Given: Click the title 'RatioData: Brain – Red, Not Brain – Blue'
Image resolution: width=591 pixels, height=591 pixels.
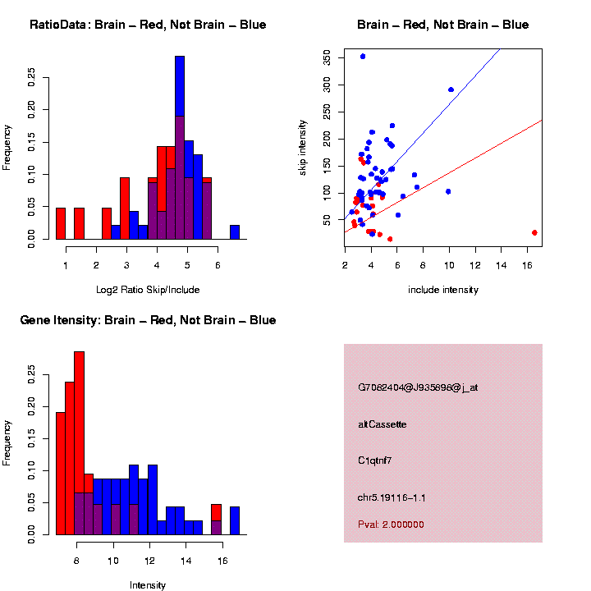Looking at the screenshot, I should [x=148, y=25].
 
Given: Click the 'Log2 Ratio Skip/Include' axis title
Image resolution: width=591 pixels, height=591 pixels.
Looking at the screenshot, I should [x=148, y=290].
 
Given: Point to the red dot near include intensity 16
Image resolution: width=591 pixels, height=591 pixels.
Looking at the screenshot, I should [x=534, y=232].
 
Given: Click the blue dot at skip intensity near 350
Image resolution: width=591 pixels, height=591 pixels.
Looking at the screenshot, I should [x=363, y=57].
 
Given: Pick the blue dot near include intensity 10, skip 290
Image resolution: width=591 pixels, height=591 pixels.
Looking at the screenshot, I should [x=451, y=89].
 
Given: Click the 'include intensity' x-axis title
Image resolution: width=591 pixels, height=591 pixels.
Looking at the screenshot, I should [x=443, y=290].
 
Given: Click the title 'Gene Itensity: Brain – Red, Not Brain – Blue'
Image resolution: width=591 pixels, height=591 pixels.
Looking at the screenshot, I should [x=148, y=320].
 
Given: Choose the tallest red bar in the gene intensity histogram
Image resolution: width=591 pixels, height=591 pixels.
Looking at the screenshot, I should [x=79, y=443].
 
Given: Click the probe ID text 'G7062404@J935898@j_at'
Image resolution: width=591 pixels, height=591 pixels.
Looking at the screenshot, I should [x=418, y=387].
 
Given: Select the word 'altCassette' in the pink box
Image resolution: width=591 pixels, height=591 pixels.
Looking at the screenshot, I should [x=383, y=424].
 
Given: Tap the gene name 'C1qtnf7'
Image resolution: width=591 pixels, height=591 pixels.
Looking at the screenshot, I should [x=375, y=460].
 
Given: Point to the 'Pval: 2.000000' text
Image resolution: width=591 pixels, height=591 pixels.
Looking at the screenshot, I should [x=391, y=525].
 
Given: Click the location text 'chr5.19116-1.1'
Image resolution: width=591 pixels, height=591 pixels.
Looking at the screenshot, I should [x=392, y=497].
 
